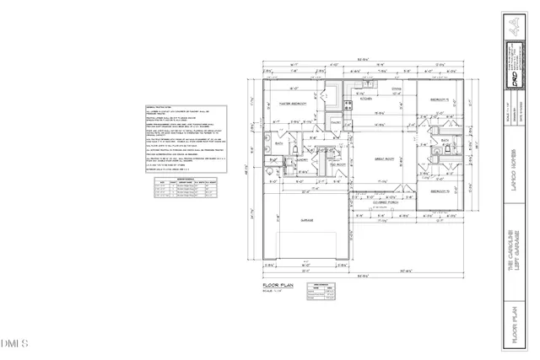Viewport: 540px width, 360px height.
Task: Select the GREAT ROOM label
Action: (x=384, y=158)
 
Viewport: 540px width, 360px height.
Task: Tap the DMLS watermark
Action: (x=15, y=343)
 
